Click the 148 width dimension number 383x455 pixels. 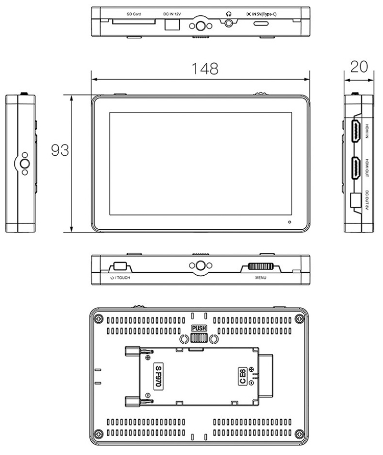click(x=205, y=69)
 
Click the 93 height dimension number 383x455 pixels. click(x=60, y=150)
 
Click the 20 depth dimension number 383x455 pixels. click(x=359, y=67)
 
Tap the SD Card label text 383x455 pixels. click(x=134, y=14)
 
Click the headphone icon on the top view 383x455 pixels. click(x=229, y=14)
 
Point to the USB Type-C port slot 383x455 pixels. click(x=261, y=23)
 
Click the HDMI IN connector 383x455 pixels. click(x=356, y=131)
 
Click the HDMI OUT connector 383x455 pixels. click(x=356, y=167)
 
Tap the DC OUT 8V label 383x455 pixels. click(x=367, y=200)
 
